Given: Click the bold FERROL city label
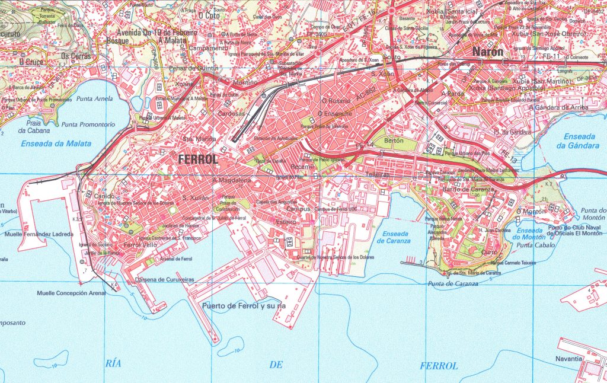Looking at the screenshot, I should (198, 159).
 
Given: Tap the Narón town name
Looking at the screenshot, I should (487, 52).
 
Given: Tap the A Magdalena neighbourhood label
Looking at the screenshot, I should (231, 180).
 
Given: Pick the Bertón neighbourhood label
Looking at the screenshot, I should (394, 141).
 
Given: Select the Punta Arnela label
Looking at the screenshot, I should (94, 98).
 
